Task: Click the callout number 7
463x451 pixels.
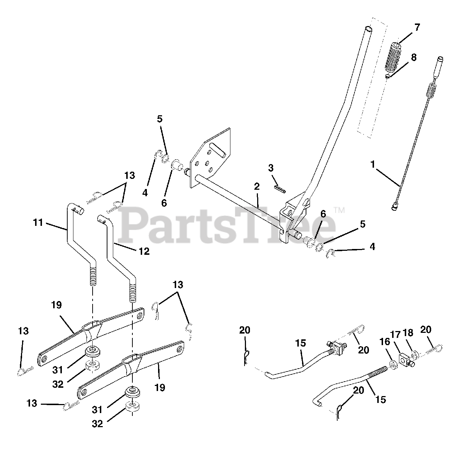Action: point(417,27)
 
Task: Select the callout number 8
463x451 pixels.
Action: point(413,57)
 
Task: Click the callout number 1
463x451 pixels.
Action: point(372,164)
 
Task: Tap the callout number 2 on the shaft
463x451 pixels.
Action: point(257,186)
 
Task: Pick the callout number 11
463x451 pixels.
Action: point(38,223)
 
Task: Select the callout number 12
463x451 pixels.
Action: point(144,251)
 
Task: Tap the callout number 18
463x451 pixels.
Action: point(408,333)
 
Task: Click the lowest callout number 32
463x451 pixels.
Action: point(97,424)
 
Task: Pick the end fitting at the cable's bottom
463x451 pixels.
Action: point(395,207)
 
